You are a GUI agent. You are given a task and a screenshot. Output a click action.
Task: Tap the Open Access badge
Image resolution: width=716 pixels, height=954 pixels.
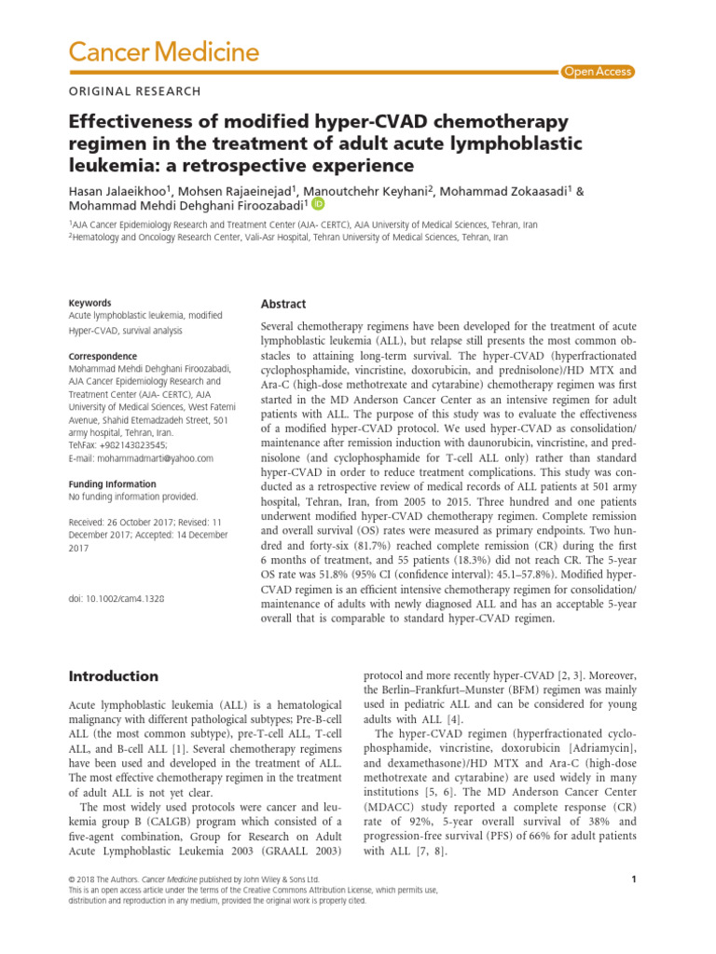tap(598, 72)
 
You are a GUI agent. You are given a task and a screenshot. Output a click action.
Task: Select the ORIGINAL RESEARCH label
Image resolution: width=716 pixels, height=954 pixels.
tap(134, 91)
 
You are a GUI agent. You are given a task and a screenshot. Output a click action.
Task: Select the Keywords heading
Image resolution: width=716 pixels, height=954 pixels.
tap(90, 303)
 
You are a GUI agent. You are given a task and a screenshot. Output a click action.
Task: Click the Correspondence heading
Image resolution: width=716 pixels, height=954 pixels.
tap(103, 356)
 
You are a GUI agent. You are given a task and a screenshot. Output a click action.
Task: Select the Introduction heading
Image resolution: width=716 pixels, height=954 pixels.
tap(114, 675)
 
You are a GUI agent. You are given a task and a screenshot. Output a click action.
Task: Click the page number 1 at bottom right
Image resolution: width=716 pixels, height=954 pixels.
tap(632, 879)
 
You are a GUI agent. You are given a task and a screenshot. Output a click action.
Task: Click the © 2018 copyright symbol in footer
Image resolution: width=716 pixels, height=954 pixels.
tap(75, 879)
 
